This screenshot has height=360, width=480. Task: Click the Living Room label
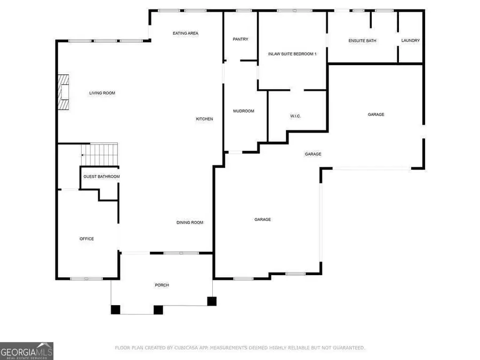coord(102,93)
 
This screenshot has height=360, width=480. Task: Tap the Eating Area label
coord(186,34)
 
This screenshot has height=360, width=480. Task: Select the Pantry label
coord(241,39)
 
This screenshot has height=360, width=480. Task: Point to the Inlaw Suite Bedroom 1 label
coord(292,54)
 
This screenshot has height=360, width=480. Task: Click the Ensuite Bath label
coord(363,41)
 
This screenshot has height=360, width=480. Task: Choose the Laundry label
coord(411,41)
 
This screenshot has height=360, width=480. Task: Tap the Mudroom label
coord(244,111)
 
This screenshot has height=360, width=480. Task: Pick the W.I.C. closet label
coord(296,116)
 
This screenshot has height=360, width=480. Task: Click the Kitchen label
coord(204,119)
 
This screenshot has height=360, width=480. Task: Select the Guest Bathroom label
coord(101,177)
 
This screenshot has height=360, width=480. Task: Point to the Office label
coord(87,239)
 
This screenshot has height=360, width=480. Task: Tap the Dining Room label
coord(190,222)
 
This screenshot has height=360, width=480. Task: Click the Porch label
coord(162,285)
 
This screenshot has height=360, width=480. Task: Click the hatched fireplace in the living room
coord(64,92)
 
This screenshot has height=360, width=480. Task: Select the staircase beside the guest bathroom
coord(100,155)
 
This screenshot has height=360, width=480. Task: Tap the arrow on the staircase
coord(83,155)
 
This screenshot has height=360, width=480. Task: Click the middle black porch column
coord(158,309)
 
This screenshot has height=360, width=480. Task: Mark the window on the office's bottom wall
coord(86,279)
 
